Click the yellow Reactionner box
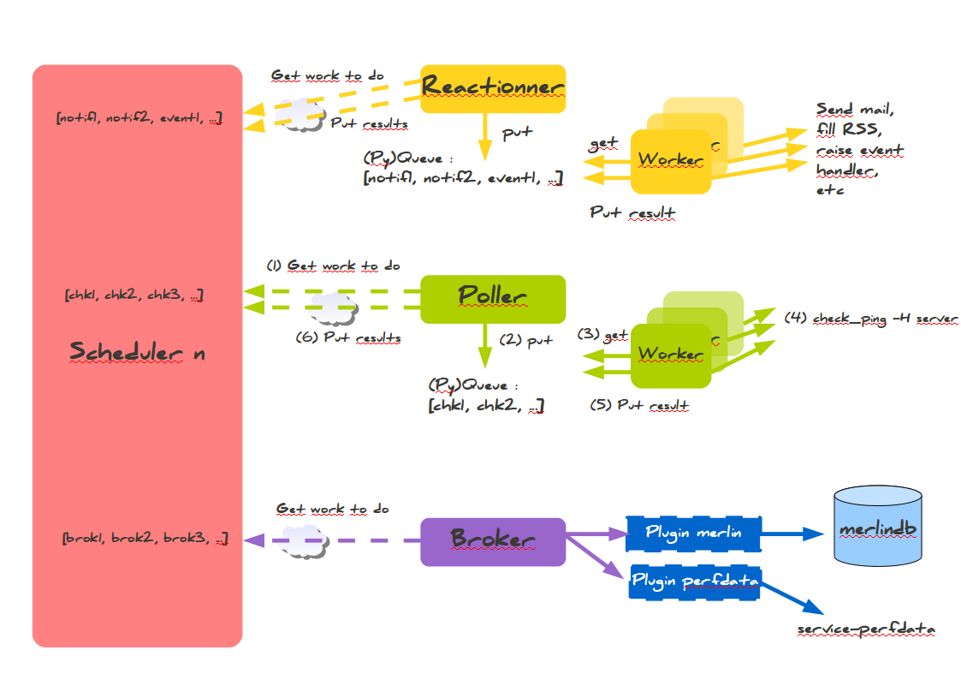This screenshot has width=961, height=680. tap(493, 88)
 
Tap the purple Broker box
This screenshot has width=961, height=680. tap(493, 541)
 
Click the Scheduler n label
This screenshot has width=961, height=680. tap(137, 351)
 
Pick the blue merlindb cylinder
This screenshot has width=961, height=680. tap(878, 528)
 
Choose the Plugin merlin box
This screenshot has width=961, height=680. tap(693, 534)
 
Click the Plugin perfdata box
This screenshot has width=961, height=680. tap(695, 582)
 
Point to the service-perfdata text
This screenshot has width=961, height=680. tap(866, 630)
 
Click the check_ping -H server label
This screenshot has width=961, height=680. tap(871, 319)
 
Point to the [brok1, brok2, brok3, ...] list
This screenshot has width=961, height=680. tap(145, 540)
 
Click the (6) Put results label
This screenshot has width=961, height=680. tap(347, 337)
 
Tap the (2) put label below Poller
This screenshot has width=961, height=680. tap(526, 341)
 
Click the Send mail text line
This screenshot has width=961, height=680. tap(854, 110)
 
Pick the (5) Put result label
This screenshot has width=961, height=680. tap(639, 405)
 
